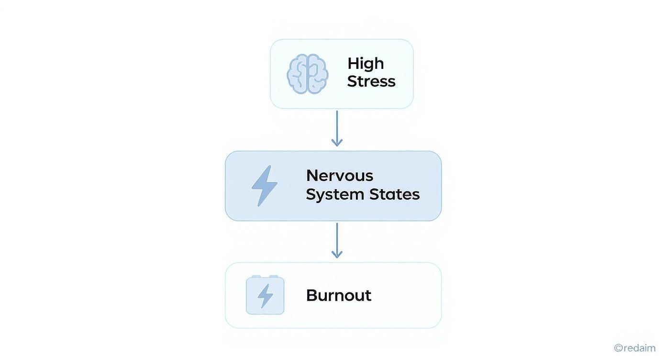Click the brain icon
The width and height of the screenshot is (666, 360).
[307, 74]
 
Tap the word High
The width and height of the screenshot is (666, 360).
[366, 63]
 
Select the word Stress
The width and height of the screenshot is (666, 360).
[371, 81]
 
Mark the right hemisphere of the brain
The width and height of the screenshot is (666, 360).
[317, 74]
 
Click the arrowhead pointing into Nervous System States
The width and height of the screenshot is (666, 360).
[337, 142]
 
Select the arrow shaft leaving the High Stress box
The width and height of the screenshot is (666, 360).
[337, 124]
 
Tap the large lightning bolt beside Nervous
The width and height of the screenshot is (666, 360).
[265, 186]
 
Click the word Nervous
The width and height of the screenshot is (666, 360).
[339, 176]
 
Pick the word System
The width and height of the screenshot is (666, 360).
[335, 194]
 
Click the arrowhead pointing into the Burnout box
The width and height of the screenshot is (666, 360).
[337, 254]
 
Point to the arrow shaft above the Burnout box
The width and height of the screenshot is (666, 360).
[337, 236]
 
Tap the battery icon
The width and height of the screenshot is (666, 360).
[265, 295]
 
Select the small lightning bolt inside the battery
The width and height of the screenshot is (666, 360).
[265, 296]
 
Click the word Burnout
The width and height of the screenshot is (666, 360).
[338, 295]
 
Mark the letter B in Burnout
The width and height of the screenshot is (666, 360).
[311, 295]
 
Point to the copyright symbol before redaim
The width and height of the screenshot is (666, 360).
[618, 348]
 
